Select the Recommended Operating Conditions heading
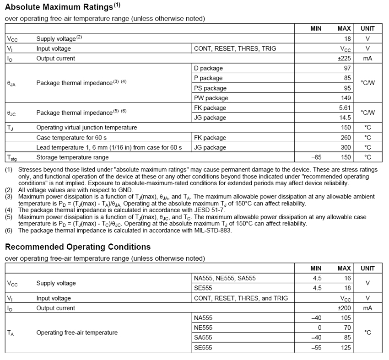pyautogui.click(x=78, y=247)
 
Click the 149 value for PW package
pyautogui.click(x=346, y=98)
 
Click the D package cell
pyautogui.click(x=209, y=68)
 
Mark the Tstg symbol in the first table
pyautogui.click(x=11, y=158)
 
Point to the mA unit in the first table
pyautogui.click(x=367, y=59)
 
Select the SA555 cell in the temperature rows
pyautogui.click(x=204, y=338)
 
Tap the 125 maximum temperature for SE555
pyautogui.click(x=346, y=348)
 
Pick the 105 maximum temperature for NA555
pyautogui.click(x=346, y=318)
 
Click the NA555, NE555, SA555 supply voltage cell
pyautogui.click(x=225, y=278)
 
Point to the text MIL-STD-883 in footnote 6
pyautogui.click(x=211, y=231)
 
